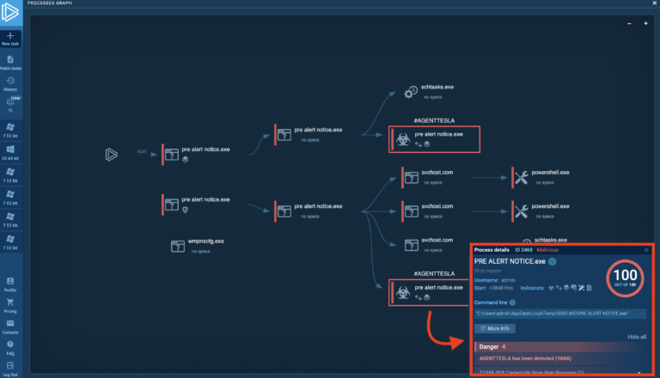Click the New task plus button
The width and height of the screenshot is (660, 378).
pyautogui.click(x=10, y=35)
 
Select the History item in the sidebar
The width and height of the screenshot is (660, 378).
pyautogui.click(x=10, y=82)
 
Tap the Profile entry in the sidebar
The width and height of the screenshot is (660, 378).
pyautogui.click(x=10, y=283)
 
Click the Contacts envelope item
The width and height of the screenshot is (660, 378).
pyautogui.click(x=10, y=326)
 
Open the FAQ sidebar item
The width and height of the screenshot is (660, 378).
pyautogui.click(x=10, y=347)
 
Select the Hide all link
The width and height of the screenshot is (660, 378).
pyautogui.click(x=637, y=337)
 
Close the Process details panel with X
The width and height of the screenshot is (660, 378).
pyautogui.click(x=647, y=250)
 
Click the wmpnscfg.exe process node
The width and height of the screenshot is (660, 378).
pyautogui.click(x=180, y=246)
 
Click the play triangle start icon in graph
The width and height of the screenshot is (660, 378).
pyautogui.click(x=111, y=154)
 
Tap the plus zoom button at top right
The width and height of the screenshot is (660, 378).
pyautogui.click(x=646, y=23)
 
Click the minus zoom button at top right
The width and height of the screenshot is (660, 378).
pyautogui.click(x=629, y=23)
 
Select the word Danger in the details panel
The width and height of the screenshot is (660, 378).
pyautogui.click(x=489, y=346)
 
